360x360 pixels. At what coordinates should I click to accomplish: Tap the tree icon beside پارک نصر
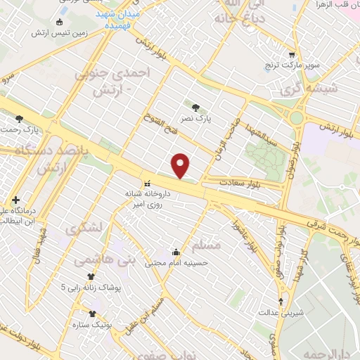(196, 107)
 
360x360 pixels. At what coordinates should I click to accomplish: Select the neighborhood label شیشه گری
(333, 89)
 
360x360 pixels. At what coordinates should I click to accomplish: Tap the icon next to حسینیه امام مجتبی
(176, 252)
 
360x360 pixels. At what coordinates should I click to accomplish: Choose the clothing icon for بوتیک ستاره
(92, 314)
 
